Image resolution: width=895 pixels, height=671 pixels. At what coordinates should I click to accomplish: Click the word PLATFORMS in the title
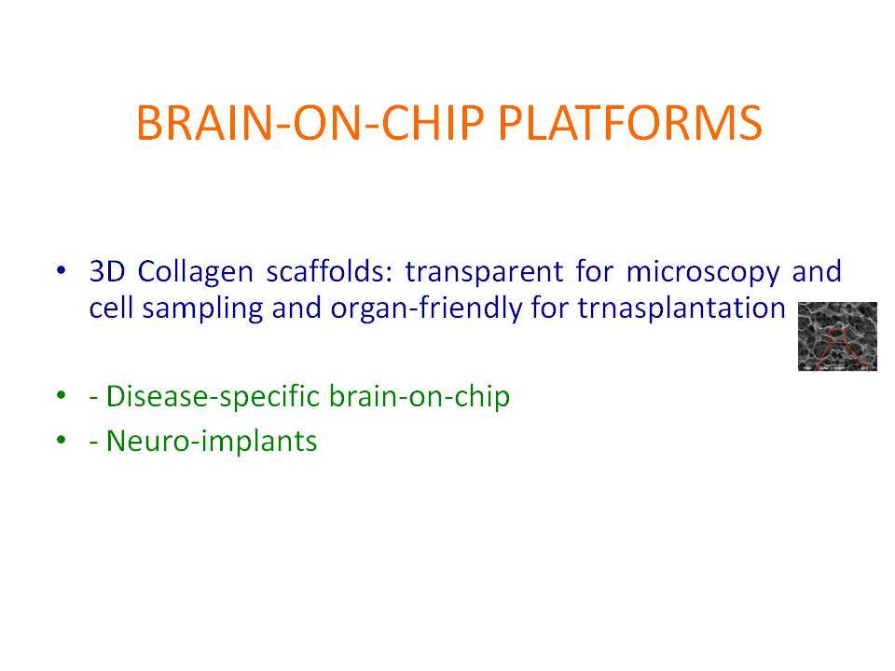tap(630, 123)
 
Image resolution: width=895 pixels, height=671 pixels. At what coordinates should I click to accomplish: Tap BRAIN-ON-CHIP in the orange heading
tap(310, 123)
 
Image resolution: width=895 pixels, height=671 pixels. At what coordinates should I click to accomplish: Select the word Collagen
tap(195, 272)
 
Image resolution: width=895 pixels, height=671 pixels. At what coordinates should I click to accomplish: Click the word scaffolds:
tap(330, 271)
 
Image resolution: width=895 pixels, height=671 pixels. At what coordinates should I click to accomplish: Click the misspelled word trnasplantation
tap(682, 308)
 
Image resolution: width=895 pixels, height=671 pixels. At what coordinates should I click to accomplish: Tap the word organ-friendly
tap(426, 308)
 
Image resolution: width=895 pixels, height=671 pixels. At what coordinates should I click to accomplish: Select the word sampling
tap(202, 309)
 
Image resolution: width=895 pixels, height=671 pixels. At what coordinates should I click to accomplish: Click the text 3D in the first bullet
tap(107, 271)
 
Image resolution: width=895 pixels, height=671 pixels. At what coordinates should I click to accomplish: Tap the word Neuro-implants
tap(212, 442)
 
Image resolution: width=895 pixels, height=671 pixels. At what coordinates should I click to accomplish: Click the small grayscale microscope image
tap(837, 336)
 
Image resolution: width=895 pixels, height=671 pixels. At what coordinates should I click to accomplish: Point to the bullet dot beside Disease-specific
tap(62, 394)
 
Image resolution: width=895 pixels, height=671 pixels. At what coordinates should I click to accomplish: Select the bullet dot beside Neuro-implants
tap(62, 439)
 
